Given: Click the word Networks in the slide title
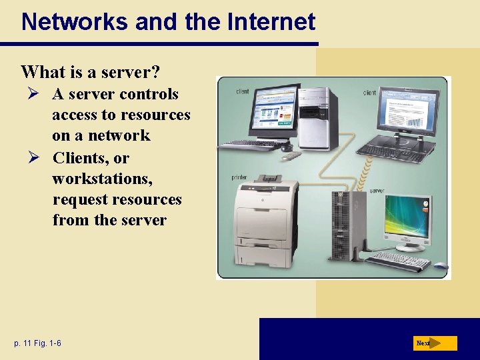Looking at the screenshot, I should click(x=75, y=22).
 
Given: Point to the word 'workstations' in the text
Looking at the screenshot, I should click(x=90, y=179).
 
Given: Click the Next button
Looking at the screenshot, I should click(x=434, y=343).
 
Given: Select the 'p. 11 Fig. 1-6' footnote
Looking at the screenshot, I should click(x=37, y=343).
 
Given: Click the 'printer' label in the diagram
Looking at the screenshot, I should click(x=239, y=178).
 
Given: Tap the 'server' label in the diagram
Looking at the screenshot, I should click(x=377, y=191).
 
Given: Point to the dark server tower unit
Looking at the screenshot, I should click(x=343, y=223).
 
